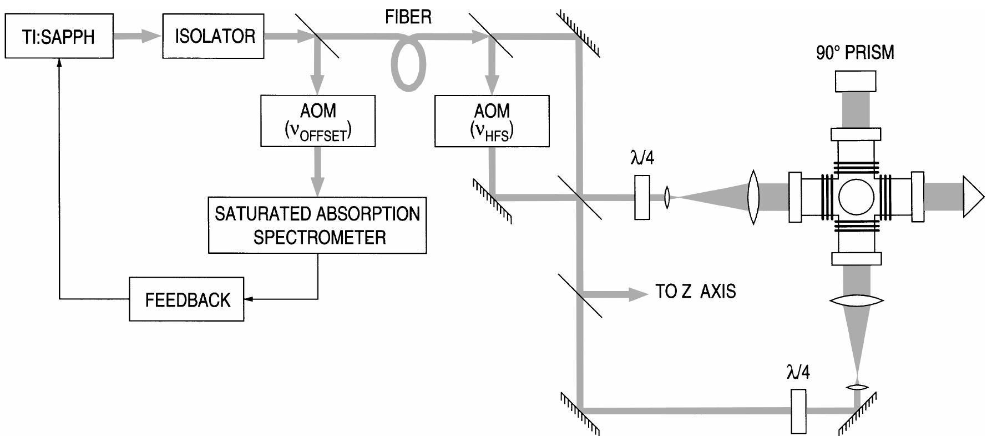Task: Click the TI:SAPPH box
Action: click(59, 37)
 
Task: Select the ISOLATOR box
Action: click(214, 37)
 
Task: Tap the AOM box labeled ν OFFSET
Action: click(318, 121)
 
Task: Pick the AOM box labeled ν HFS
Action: click(492, 121)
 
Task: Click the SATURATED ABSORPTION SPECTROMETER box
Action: click(317, 225)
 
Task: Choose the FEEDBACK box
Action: click(186, 299)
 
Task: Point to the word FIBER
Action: click(408, 17)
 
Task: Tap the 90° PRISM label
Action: click(854, 53)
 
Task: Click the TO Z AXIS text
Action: click(695, 291)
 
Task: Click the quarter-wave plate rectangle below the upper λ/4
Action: click(642, 197)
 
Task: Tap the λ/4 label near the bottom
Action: click(798, 372)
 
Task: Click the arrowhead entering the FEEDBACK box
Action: click(249, 299)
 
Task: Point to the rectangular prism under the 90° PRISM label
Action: click(855, 81)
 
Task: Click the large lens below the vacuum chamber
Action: click(856, 300)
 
